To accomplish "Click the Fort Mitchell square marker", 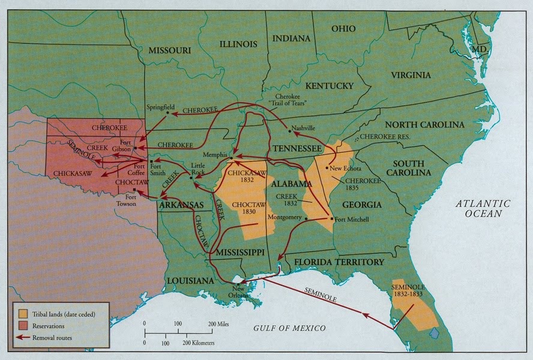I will tap(333, 219).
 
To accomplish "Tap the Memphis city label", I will tap(215, 155).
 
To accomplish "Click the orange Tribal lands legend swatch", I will tap(23, 314).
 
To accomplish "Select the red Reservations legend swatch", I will tap(23, 326).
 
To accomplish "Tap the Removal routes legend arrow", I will tap(23, 338).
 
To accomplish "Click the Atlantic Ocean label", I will tap(482, 208).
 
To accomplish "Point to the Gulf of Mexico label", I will tap(288, 328).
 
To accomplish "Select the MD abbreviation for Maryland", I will tap(478, 48).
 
